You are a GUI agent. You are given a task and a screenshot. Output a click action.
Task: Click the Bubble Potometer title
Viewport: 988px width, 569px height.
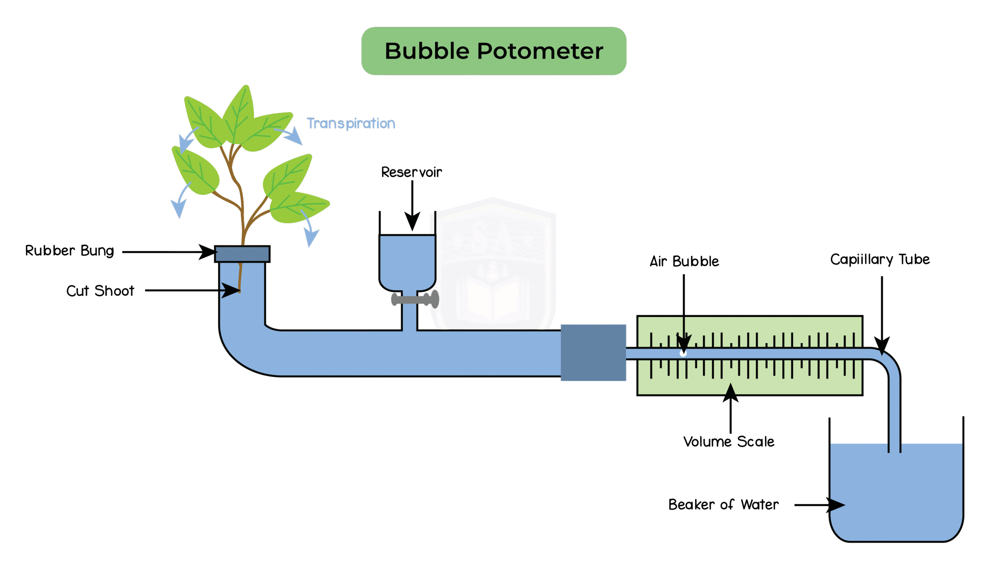tap(494, 51)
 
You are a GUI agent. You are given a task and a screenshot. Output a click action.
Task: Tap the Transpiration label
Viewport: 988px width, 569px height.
tap(351, 124)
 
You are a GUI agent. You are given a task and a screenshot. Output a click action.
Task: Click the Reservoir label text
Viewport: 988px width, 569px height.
tap(411, 172)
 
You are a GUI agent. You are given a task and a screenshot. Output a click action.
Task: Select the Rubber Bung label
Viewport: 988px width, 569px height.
tap(69, 251)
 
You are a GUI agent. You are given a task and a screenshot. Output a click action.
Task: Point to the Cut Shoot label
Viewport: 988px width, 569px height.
tap(100, 291)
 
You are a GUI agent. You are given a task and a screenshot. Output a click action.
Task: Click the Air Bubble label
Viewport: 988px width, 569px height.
tap(684, 261)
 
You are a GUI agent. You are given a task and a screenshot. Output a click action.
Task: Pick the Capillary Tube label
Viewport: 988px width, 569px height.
tap(880, 259)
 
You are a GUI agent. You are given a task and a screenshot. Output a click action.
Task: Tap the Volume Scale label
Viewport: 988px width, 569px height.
tap(729, 442)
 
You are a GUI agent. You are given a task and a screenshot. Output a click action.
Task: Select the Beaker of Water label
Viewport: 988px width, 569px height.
tap(724, 505)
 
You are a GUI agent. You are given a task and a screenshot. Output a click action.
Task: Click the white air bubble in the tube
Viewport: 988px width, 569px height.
tap(683, 353)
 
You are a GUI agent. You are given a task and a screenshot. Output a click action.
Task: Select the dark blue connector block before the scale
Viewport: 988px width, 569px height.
tap(593, 352)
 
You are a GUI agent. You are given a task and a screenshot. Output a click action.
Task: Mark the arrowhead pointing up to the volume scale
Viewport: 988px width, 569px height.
tap(730, 393)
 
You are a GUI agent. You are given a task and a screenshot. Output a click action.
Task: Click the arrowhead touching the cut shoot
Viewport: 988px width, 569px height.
tap(231, 290)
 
